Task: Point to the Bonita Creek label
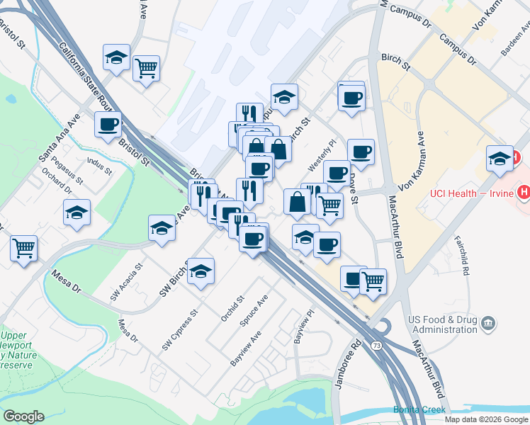pyautogui.click(x=420, y=410)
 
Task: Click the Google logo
pyautogui.click(x=23, y=416)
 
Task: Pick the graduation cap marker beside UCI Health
pyautogui.click(x=500, y=159)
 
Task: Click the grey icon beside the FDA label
pyautogui.click(x=487, y=324)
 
